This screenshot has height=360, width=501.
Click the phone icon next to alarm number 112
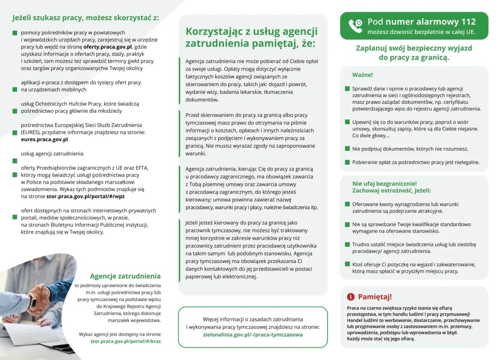point(355,26)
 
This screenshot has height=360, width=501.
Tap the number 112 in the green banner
point(468,22)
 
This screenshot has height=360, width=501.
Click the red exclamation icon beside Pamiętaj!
point(351,297)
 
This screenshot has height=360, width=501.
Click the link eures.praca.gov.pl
point(44,139)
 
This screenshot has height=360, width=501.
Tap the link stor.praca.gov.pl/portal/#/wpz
point(85,196)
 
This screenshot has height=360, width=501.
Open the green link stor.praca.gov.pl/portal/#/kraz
point(125,341)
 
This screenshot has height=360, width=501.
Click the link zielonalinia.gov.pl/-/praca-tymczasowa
point(253,335)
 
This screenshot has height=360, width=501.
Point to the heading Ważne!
point(362,75)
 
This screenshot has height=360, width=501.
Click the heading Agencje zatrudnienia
point(125,276)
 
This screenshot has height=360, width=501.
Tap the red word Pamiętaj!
point(375,297)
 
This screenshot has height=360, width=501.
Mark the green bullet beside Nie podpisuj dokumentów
point(347,148)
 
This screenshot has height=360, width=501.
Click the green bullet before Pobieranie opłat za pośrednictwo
point(347,162)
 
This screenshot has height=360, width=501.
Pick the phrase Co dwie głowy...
point(370,136)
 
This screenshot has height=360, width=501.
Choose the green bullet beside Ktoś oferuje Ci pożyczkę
point(347,264)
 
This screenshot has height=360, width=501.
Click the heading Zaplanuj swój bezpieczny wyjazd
point(414,48)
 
